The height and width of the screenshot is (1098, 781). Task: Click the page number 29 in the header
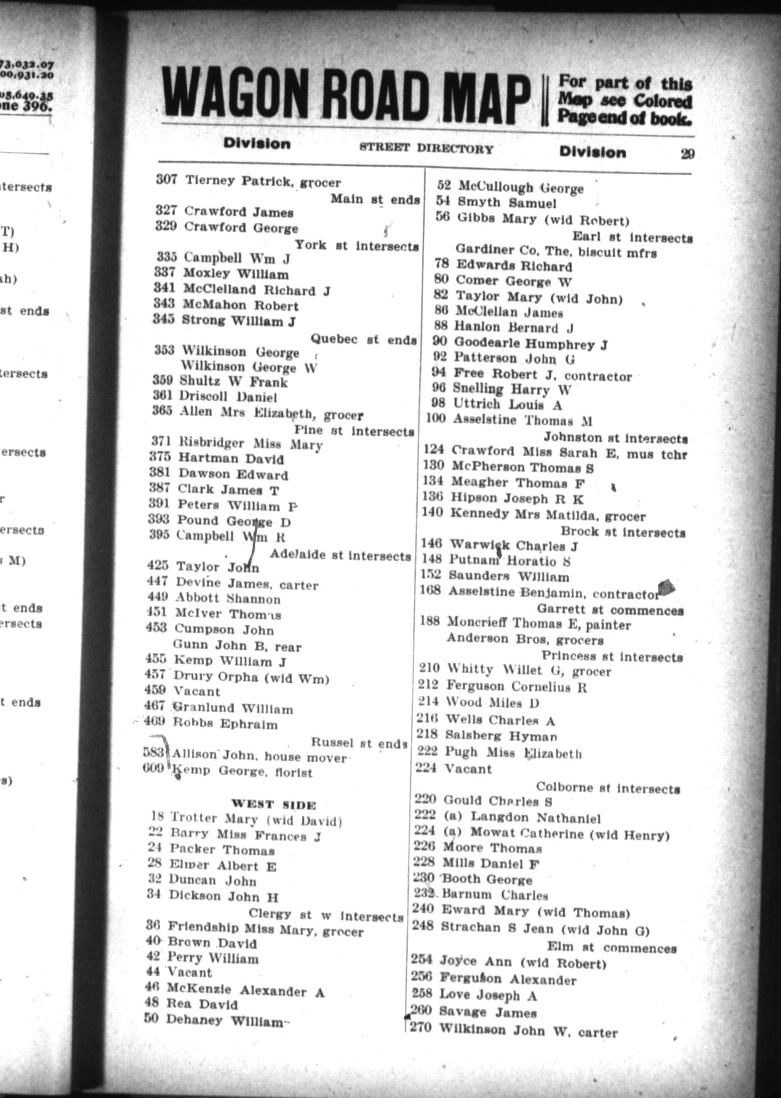tap(687, 154)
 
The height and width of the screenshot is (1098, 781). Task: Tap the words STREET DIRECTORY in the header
tap(426, 149)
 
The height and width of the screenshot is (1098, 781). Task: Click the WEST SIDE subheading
tap(273, 805)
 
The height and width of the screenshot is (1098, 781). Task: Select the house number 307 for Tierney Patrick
tap(166, 179)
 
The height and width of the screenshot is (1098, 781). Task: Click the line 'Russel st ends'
tap(358, 742)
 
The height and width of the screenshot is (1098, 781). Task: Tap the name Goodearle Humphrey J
tap(531, 344)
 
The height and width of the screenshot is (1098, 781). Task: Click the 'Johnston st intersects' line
tap(615, 437)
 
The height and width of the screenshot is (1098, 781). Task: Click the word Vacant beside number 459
tap(196, 691)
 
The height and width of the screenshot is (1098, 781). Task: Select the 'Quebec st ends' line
tap(363, 339)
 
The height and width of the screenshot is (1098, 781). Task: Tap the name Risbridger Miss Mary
tap(251, 443)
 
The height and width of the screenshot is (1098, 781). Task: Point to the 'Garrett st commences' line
tap(610, 610)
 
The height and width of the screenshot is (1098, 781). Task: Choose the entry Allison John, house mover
tap(259, 756)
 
